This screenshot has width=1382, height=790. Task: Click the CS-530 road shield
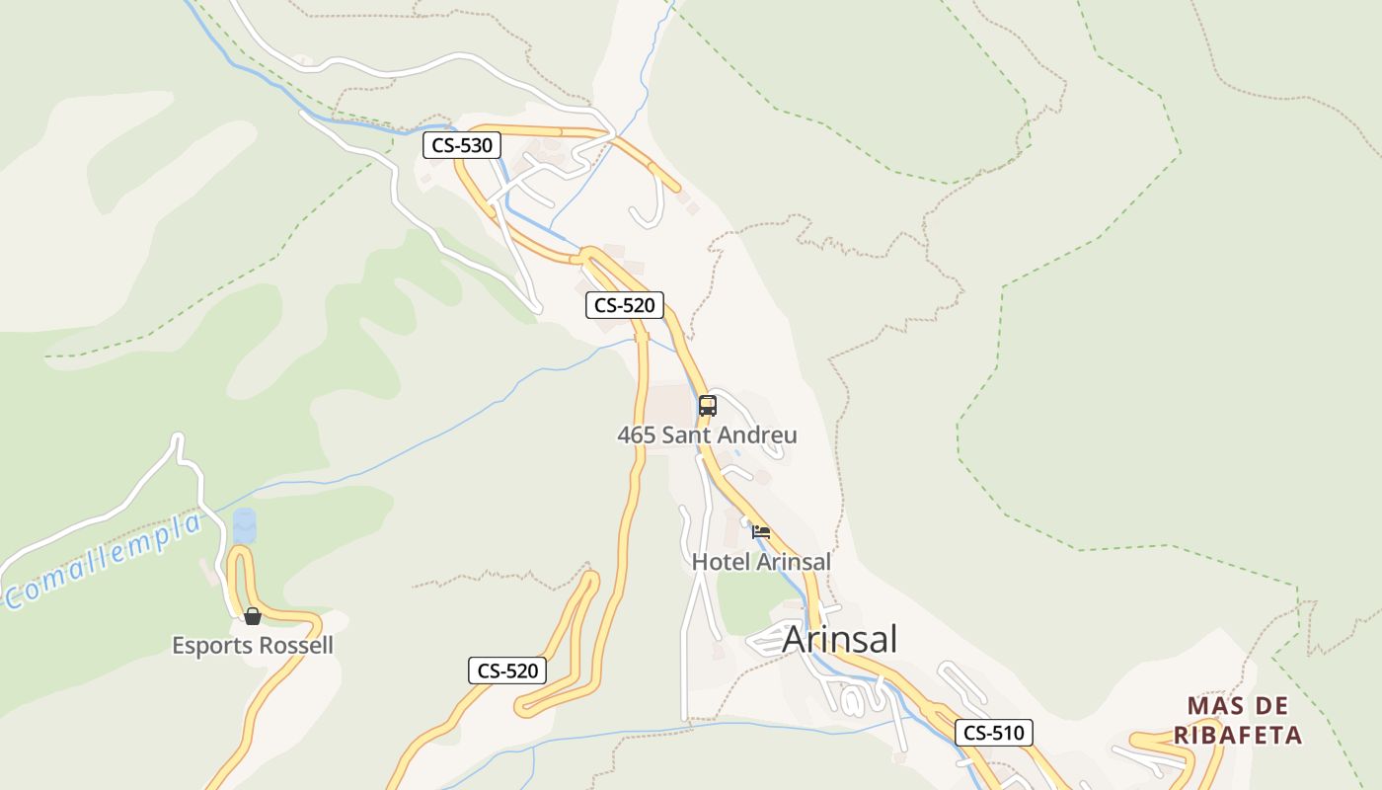click(x=462, y=146)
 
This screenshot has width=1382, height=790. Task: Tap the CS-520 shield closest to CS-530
click(x=624, y=305)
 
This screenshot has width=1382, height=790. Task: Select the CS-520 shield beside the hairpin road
click(x=507, y=671)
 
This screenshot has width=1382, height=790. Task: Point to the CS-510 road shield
click(x=993, y=733)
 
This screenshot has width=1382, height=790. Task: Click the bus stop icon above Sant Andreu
click(x=707, y=405)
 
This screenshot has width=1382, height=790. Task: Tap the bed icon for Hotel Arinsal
click(x=761, y=532)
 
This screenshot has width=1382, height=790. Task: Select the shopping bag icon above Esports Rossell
click(x=253, y=616)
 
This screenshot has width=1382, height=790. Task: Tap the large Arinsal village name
click(x=840, y=640)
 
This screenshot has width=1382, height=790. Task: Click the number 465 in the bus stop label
click(x=637, y=435)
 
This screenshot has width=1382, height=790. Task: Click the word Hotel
click(x=721, y=562)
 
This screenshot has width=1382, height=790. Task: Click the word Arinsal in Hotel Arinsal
click(x=794, y=562)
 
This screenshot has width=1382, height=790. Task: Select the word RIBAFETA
click(x=1238, y=736)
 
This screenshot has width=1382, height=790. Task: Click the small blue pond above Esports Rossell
click(x=244, y=524)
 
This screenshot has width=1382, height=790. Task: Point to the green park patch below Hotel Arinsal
click(x=749, y=601)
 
